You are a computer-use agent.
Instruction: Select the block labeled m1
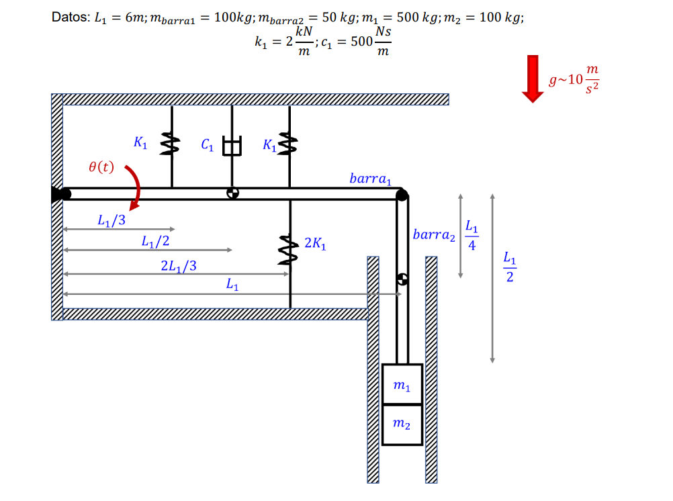(x=402, y=385)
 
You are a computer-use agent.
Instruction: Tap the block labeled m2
(x=402, y=424)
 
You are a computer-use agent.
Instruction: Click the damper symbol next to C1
(x=232, y=146)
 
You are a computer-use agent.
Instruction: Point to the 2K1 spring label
(x=315, y=243)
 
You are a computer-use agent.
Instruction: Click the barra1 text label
(x=370, y=179)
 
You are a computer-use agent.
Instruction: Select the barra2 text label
(x=434, y=235)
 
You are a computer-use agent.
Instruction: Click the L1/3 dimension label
(x=111, y=220)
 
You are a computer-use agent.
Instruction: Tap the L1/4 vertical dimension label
(x=472, y=236)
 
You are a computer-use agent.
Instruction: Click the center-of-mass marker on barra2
(x=402, y=278)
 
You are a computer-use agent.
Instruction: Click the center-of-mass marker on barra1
(x=232, y=194)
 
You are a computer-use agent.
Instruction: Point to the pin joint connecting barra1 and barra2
(x=402, y=195)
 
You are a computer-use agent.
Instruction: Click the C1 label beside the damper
(x=208, y=144)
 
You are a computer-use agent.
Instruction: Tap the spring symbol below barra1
(x=289, y=249)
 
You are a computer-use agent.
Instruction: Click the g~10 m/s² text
(x=574, y=79)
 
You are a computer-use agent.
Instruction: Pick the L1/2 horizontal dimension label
(x=155, y=241)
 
